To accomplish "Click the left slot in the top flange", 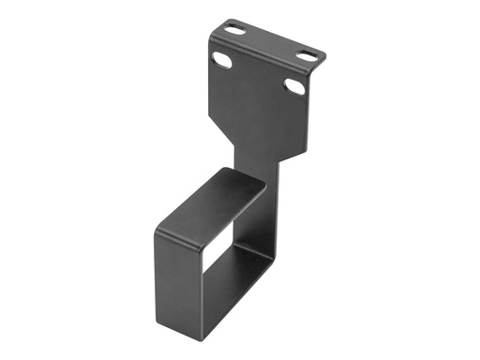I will (235, 31).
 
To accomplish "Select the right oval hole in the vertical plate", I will (293, 87).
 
